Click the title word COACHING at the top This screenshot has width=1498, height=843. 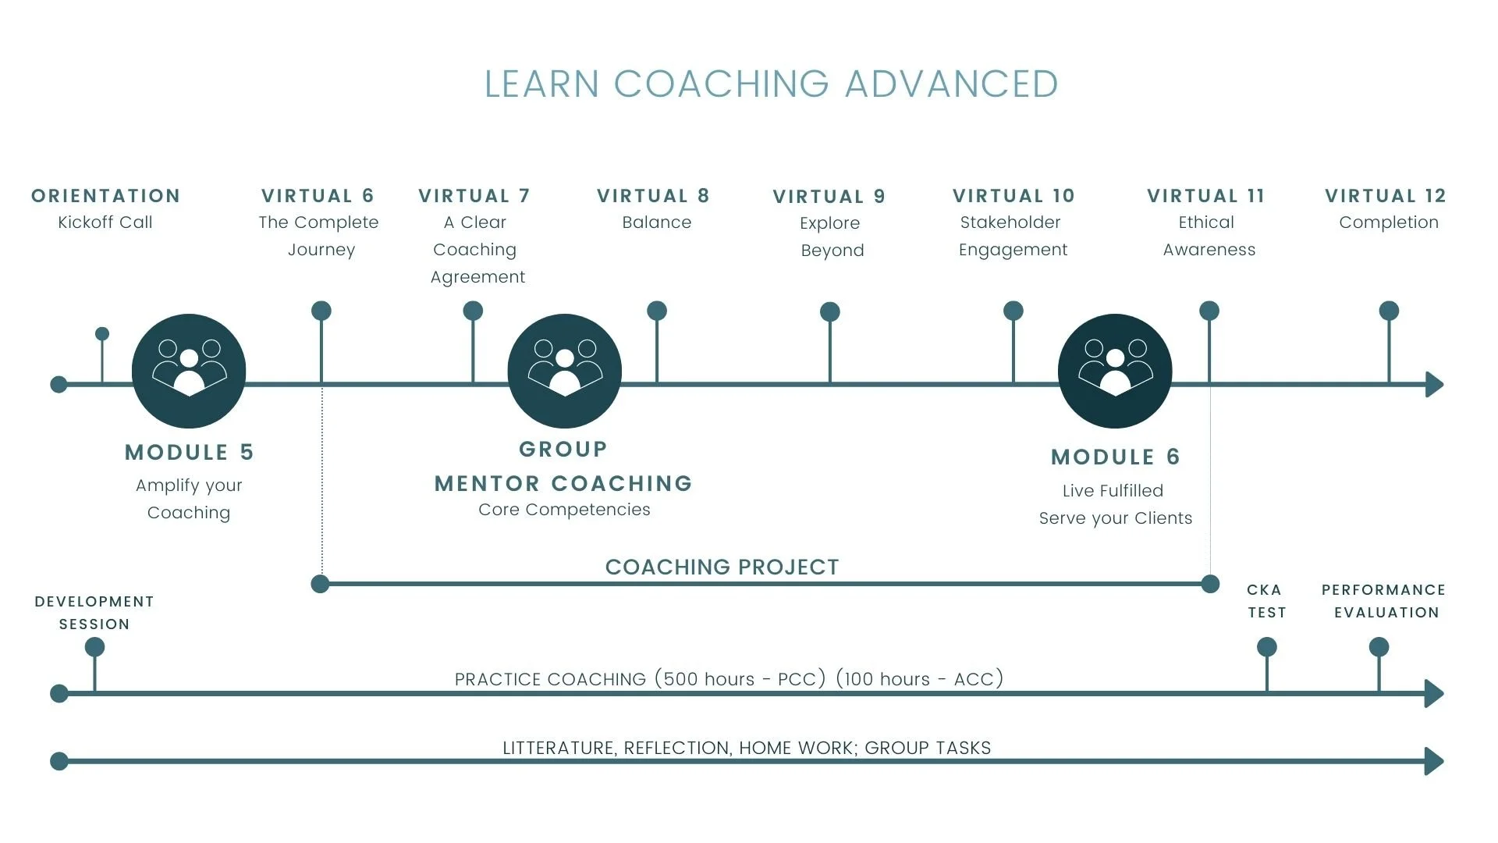[x=721, y=84]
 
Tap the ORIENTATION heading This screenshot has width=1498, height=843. [x=105, y=196]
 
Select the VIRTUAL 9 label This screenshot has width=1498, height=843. [x=829, y=197]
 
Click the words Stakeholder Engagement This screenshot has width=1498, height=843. [x=1012, y=236]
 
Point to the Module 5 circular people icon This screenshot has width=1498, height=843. [x=189, y=371]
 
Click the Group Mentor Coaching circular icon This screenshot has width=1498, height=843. [x=564, y=371]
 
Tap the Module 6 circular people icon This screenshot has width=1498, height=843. [x=1115, y=371]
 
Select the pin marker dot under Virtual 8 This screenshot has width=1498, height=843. [x=657, y=311]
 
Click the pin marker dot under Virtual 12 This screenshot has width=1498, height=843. [x=1389, y=311]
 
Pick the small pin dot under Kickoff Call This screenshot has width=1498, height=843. [x=102, y=334]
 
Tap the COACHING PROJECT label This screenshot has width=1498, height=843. [x=722, y=567]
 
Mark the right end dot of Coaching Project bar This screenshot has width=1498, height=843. [x=1210, y=584]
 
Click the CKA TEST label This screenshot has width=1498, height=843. [x=1265, y=601]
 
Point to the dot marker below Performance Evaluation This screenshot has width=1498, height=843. [x=1379, y=647]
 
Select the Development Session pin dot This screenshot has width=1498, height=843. [x=94, y=647]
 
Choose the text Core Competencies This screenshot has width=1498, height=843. [x=564, y=510]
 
